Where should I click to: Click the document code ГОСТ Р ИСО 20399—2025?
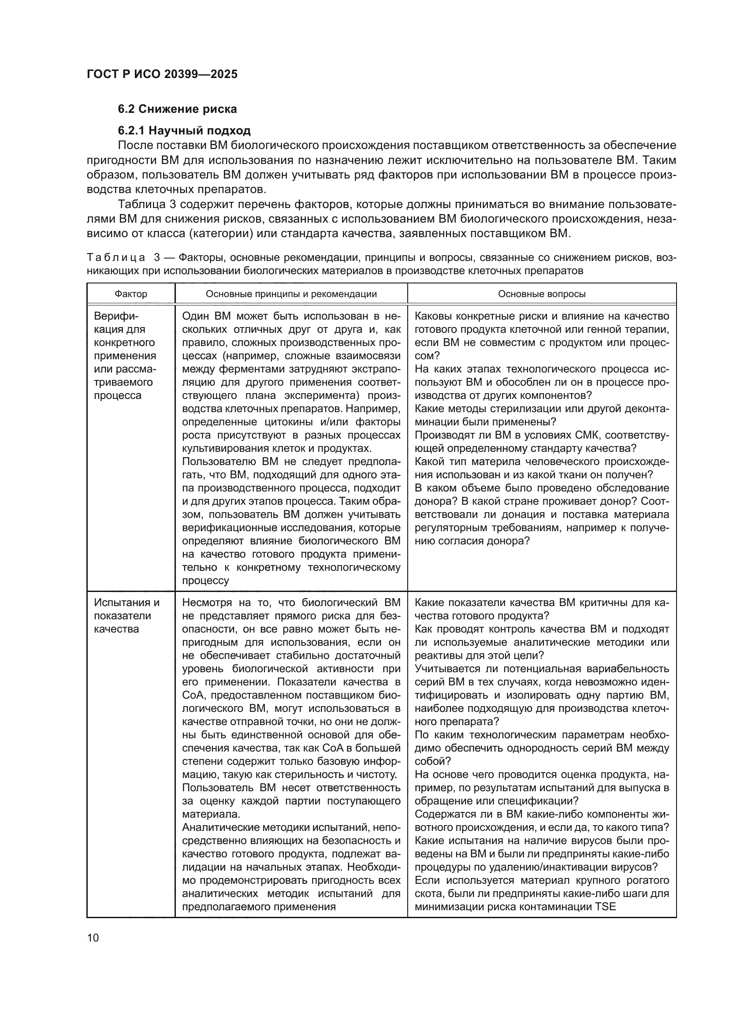162,74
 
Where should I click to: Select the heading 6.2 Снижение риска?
177,109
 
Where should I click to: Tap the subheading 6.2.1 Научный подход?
184,130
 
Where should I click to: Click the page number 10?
93,938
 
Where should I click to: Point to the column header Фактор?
130,294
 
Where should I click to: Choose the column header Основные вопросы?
541,294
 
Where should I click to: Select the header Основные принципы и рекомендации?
291,294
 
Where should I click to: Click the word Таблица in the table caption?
116,258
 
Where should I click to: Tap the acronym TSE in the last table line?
605,906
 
